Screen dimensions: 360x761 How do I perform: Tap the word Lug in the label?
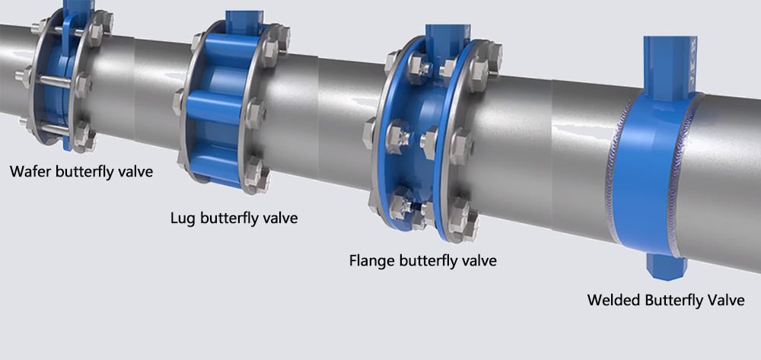pyautogui.click(x=183, y=218)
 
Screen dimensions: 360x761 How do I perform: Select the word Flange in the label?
pyautogui.click(x=372, y=260)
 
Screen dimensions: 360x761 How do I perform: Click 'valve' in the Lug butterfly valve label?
pyautogui.click(x=279, y=218)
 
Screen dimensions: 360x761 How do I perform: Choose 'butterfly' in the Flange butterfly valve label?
pyautogui.click(x=431, y=260)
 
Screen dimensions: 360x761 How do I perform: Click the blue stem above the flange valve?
pyautogui.click(x=444, y=36)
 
